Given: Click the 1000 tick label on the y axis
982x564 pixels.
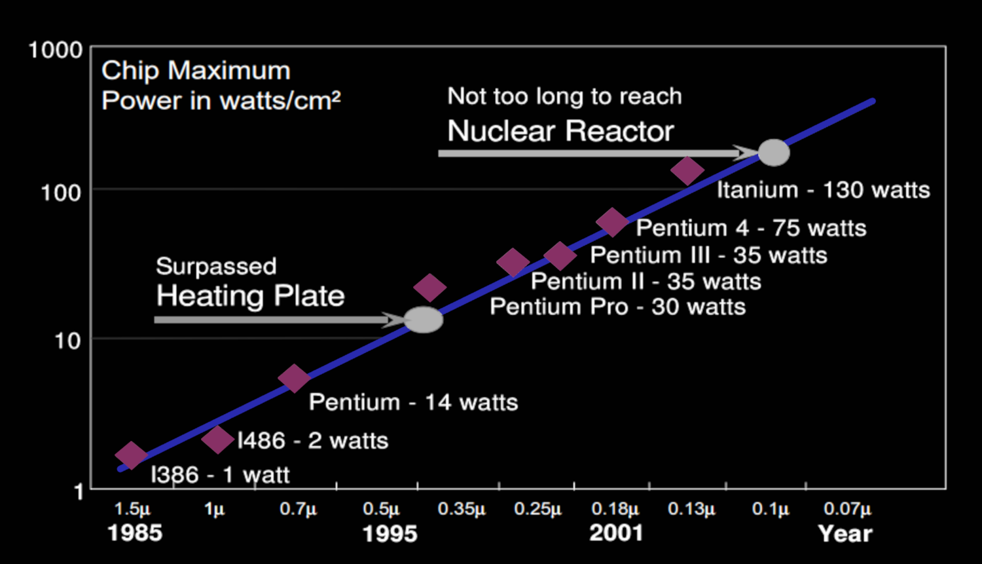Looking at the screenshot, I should [55, 50].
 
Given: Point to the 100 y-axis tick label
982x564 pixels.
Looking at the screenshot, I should [61, 193].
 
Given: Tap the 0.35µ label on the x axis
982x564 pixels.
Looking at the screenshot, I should [462, 510].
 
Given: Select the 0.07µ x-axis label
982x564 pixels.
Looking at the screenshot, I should [847, 510].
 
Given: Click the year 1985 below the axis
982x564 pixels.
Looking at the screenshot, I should [135, 533].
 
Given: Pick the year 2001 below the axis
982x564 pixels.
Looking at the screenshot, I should [616, 533].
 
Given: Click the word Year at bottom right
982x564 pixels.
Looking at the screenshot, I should [845, 534].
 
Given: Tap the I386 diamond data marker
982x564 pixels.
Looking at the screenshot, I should [131, 455].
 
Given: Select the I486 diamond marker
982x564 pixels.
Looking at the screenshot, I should [217, 440].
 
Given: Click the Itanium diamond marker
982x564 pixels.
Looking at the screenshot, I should [687, 171].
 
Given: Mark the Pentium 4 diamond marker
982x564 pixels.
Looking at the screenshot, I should [613, 223].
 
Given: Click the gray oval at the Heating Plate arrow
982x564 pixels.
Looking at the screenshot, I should [424, 320].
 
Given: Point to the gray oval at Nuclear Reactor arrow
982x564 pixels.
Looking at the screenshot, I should [774, 153].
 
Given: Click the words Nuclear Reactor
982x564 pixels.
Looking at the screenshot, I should [560, 131].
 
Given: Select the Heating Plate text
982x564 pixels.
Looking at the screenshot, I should [250, 296].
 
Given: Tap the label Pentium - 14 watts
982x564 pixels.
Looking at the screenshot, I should [413, 402].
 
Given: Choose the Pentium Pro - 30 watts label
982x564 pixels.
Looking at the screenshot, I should [617, 307].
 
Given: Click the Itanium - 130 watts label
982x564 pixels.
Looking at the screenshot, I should [823, 190].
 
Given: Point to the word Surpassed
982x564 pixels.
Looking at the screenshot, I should [216, 266].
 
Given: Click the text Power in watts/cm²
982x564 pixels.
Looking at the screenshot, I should [221, 100].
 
